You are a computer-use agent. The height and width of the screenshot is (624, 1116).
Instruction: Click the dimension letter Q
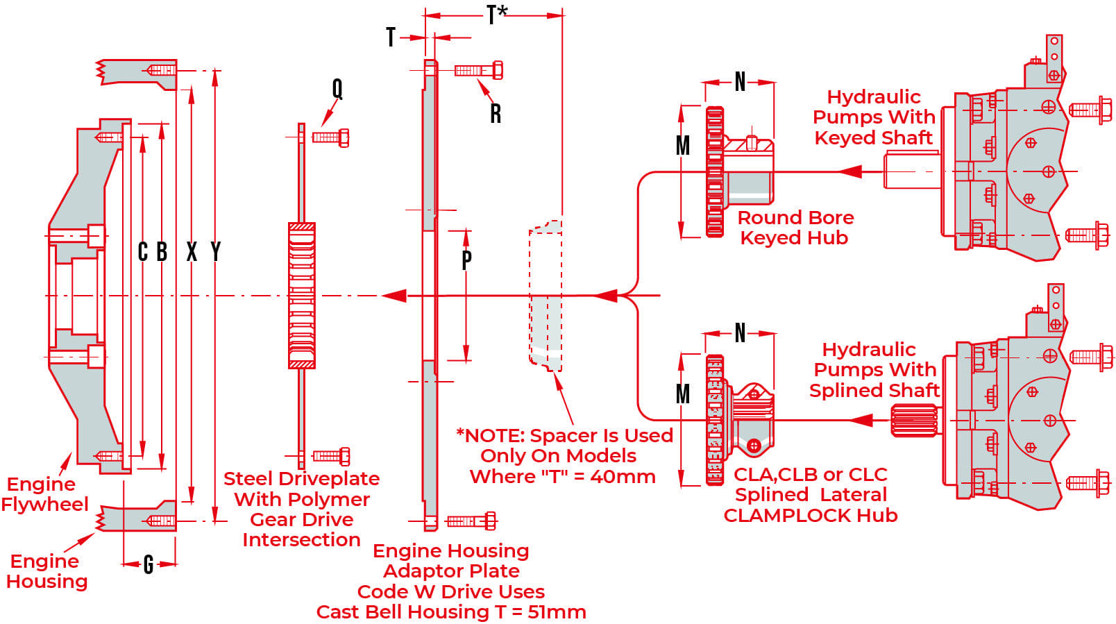point(337,89)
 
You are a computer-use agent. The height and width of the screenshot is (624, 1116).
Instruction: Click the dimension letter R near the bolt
point(496,114)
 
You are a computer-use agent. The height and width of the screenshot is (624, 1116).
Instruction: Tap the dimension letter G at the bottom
point(149,565)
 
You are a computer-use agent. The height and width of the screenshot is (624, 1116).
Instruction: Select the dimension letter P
point(466,260)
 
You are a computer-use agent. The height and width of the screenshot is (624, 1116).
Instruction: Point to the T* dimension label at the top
point(497,15)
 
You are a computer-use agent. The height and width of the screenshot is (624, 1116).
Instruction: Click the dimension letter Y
point(216,251)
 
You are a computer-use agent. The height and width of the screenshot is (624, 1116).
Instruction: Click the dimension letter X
point(192,251)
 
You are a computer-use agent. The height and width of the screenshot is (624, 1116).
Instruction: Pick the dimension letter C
point(143,251)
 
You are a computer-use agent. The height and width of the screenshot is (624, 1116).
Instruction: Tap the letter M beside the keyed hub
point(683,146)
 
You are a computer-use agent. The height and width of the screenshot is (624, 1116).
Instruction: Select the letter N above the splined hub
point(740,333)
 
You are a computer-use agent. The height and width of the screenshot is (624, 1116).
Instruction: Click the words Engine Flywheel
point(44,494)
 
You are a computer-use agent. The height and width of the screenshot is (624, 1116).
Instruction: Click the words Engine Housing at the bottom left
point(46,571)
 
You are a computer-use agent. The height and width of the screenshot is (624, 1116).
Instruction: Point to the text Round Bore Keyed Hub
point(795,228)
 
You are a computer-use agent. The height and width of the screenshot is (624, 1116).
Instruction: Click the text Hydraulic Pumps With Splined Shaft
point(874,370)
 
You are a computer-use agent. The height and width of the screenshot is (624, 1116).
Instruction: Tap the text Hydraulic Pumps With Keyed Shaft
point(874,117)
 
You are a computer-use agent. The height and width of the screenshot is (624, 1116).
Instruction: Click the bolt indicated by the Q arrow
point(331,137)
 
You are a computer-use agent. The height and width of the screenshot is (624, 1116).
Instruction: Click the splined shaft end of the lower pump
point(914,421)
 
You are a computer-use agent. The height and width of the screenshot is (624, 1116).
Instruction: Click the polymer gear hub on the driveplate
point(302,296)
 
